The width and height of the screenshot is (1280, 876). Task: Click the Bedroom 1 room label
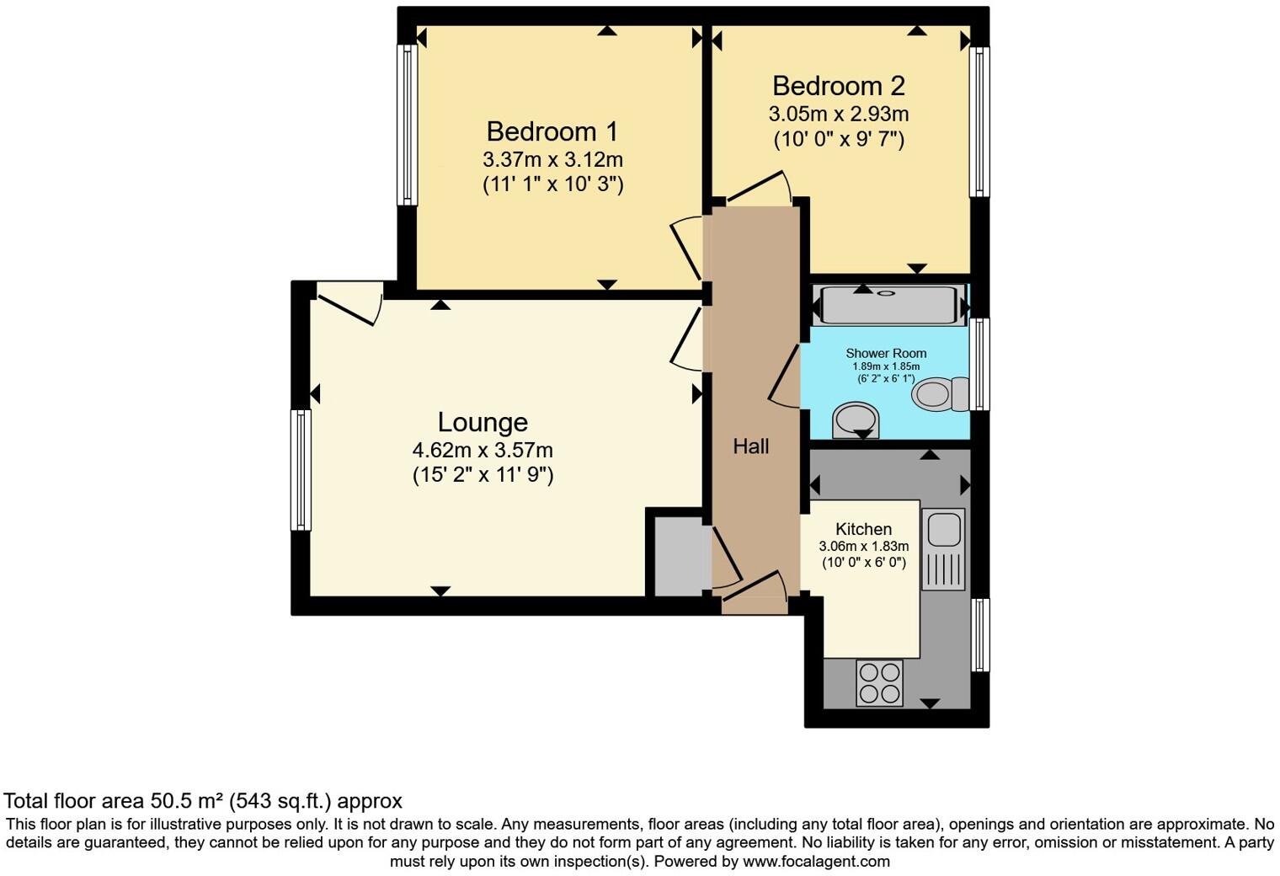pyautogui.click(x=552, y=131)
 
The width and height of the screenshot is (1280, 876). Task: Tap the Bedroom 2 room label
pyautogui.click(x=838, y=86)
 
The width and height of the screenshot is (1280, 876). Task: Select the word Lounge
pyautogui.click(x=483, y=422)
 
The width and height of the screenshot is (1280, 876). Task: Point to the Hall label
pyautogui.click(x=750, y=446)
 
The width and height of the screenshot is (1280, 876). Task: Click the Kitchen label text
pyautogui.click(x=863, y=529)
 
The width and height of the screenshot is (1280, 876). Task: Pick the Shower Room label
pyautogui.click(x=886, y=353)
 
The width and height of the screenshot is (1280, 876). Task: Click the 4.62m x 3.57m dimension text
pyautogui.click(x=483, y=450)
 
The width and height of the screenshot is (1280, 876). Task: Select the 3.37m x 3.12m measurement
pyautogui.click(x=552, y=159)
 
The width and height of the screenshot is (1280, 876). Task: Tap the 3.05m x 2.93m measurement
pyautogui.click(x=838, y=114)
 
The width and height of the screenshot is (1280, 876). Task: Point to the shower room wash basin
pyautogui.click(x=855, y=419)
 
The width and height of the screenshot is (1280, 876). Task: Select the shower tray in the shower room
pyautogui.click(x=888, y=305)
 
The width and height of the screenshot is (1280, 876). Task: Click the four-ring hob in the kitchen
pyautogui.click(x=879, y=682)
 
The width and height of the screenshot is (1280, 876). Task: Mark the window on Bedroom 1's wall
pyautogui.click(x=407, y=125)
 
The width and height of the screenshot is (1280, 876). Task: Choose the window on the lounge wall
pyautogui.click(x=301, y=469)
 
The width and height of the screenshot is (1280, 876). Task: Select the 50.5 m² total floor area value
pyautogui.click(x=184, y=801)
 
